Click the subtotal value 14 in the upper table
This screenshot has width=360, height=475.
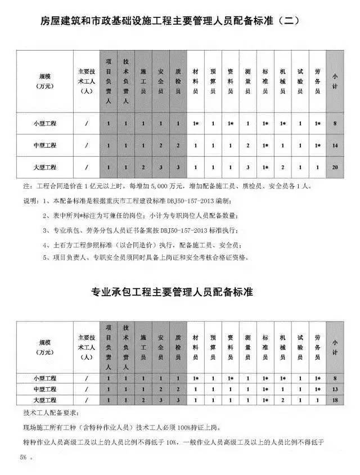pyautogui.click(x=335, y=146)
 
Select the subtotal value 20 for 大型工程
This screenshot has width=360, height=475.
pyautogui.click(x=335, y=167)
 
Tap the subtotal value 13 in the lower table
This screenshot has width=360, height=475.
pyautogui.click(x=335, y=389)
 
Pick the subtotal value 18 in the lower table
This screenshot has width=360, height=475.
pyautogui.click(x=335, y=399)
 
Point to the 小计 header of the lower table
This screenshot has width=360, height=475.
pyautogui.click(x=335, y=346)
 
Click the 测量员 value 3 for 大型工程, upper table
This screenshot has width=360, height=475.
pyautogui.click(x=247, y=167)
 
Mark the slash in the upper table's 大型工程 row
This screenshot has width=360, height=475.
pyautogui.click(x=86, y=167)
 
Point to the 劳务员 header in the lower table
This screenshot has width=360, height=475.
pyautogui.click(x=318, y=346)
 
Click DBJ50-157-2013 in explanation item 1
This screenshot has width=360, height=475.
pyautogui.click(x=190, y=201)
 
